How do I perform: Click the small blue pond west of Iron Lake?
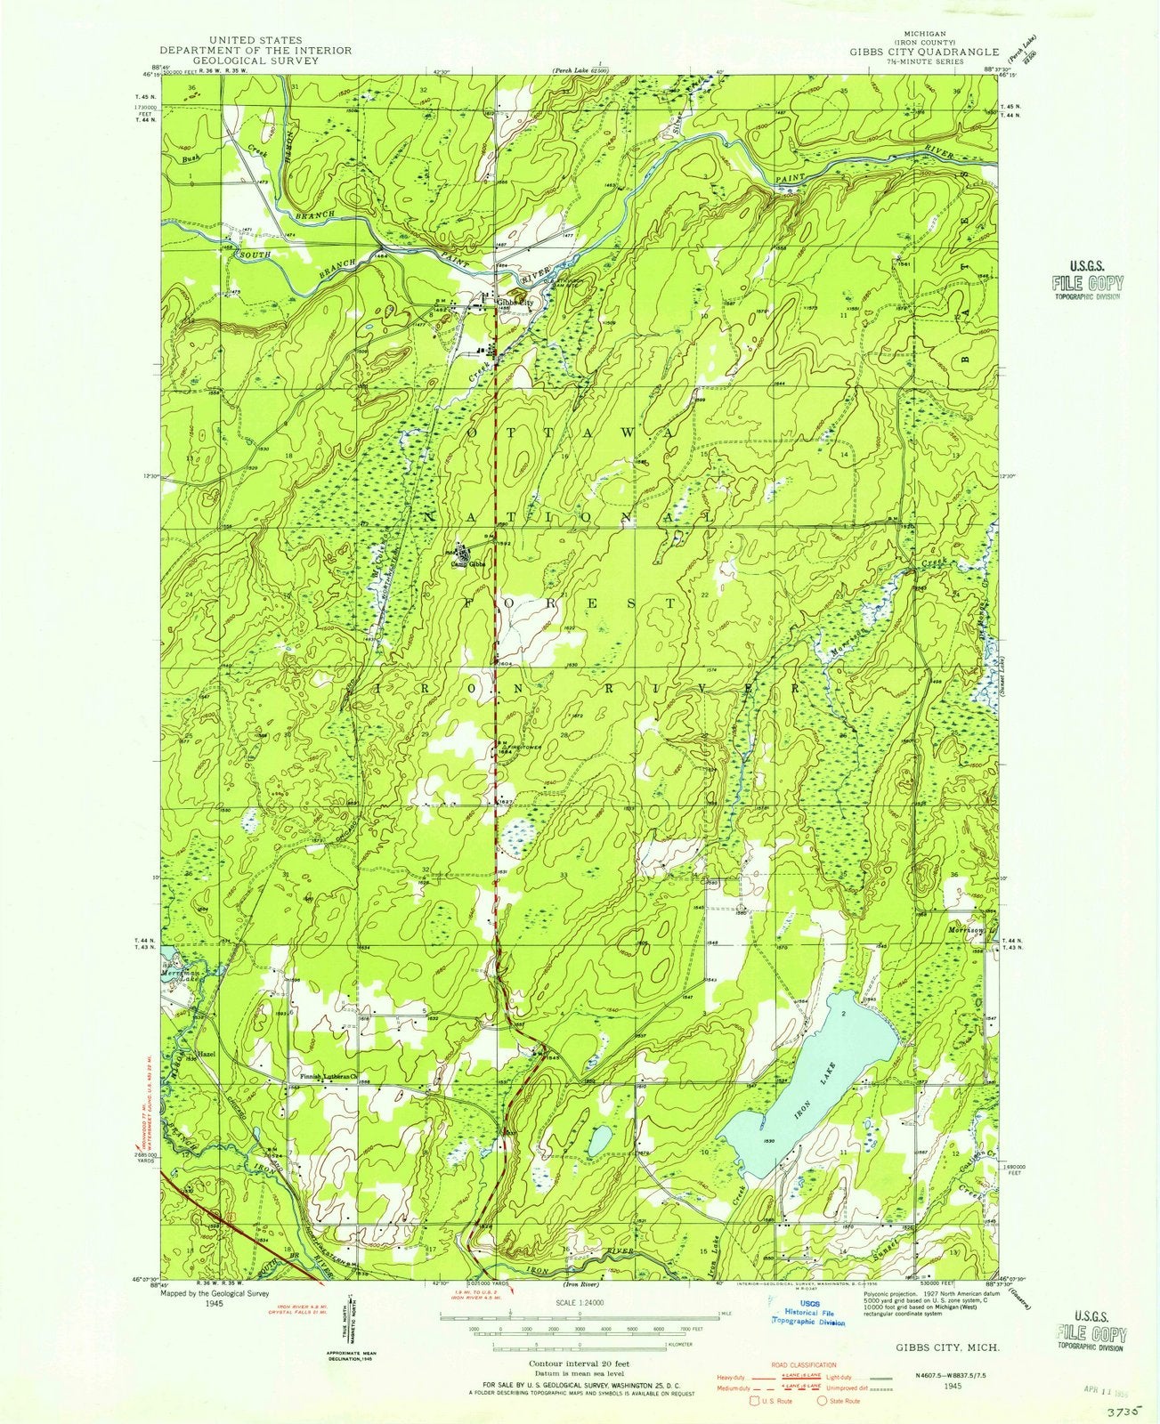coord(599,1138)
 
